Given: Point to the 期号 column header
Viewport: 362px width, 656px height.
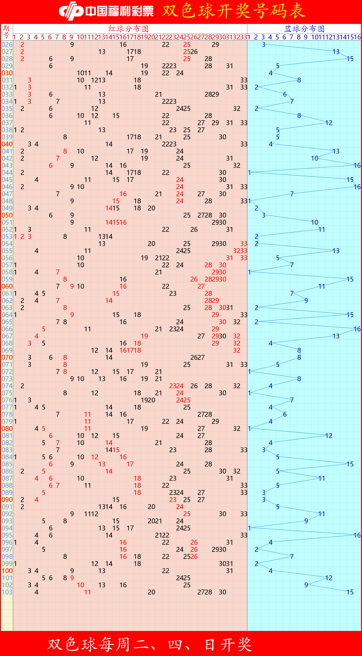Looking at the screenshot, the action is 7,32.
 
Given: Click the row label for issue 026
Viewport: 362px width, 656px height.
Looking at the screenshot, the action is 7,45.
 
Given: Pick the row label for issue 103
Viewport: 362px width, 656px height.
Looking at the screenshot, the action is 7,592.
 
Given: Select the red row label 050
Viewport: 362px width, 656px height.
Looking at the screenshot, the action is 7,215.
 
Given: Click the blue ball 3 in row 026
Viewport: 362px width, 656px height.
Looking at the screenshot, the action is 264,45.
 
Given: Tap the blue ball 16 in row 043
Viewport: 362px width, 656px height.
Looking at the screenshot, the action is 357,165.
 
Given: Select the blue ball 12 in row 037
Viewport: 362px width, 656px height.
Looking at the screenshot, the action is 329,123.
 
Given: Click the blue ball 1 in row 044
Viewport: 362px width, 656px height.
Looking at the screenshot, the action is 250,173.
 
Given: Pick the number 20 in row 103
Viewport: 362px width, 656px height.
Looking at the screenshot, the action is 151,592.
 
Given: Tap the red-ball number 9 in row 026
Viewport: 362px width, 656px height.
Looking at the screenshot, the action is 72,45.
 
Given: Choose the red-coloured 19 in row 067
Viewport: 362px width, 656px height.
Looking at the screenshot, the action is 144,336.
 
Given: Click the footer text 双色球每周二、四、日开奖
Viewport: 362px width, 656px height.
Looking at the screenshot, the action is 150,645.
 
